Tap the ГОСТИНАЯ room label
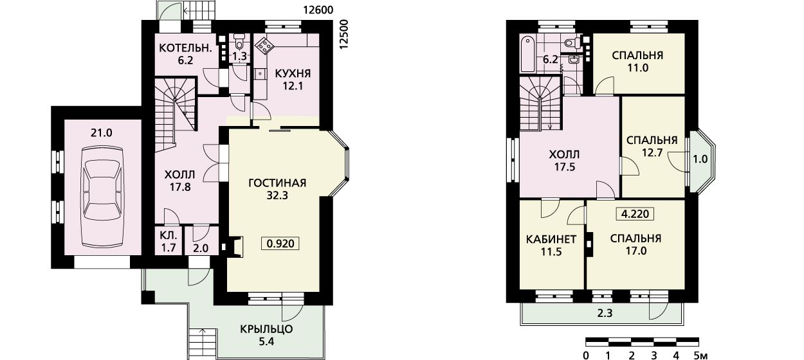point(277,183)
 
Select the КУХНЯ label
point(293,73)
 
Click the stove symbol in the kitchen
point(264,46)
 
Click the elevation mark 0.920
point(280,244)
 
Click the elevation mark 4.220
point(635,214)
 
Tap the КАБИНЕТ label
point(551,239)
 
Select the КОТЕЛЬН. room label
point(185,48)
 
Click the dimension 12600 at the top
point(318,10)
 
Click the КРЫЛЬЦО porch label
point(266,328)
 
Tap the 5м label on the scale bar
point(700,355)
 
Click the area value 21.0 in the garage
point(101,133)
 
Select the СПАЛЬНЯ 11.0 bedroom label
point(637,61)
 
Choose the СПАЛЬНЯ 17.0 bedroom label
point(635,244)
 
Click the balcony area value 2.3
point(605,314)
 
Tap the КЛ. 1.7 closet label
point(169,242)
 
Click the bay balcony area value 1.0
point(700,159)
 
